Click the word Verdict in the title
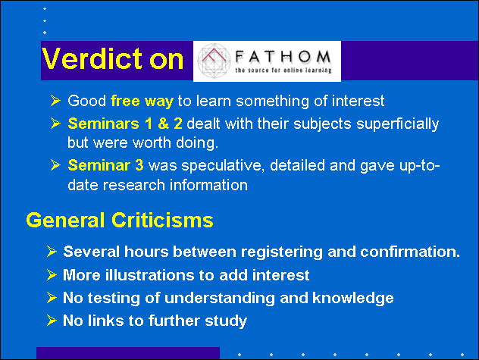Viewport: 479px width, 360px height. [93, 58]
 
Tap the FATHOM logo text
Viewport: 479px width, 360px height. [283, 57]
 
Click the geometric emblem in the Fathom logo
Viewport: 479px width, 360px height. [214, 61]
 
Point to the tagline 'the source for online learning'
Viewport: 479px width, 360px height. [283, 70]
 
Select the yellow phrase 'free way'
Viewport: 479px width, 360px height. [142, 101]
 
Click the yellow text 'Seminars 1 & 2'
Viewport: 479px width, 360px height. [125, 124]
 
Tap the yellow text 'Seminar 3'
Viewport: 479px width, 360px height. [105, 165]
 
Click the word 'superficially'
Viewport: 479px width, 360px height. [398, 124]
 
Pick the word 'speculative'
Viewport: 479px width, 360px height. [223, 166]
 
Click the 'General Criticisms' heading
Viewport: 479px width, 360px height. [120, 221]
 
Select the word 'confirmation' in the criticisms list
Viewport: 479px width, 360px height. [408, 252]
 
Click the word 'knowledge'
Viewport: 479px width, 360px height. [353, 299]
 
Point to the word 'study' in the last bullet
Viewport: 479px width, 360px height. [226, 321]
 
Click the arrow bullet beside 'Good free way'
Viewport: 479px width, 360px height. [55, 101]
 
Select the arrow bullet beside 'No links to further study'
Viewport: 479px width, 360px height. [52, 321]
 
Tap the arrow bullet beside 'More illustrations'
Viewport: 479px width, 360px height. [52, 274]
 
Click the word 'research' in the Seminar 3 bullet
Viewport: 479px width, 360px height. [134, 185]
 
